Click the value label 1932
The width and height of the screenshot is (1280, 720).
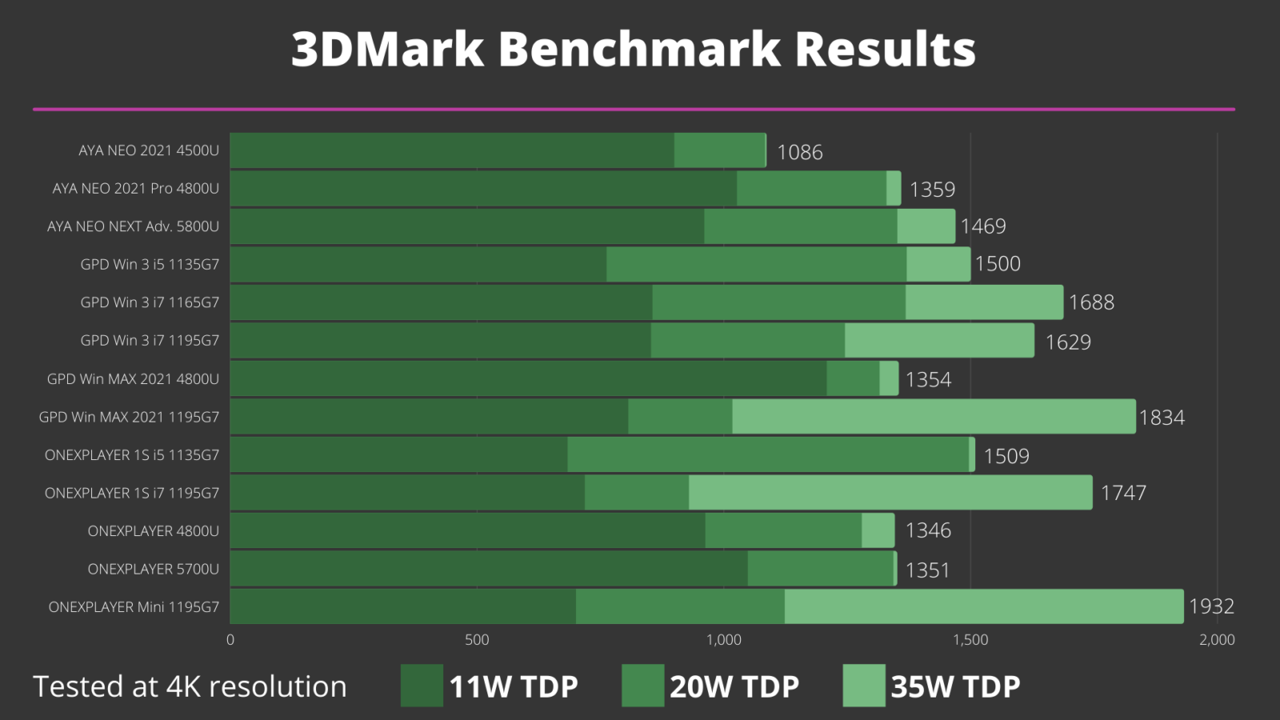pos(1211,606)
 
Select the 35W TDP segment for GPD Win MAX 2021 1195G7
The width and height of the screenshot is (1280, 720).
pos(933,417)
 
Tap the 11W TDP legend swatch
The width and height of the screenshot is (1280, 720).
pos(422,686)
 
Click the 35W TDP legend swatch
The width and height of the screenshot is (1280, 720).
pos(864,686)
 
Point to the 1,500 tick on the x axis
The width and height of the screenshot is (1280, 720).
pos(970,639)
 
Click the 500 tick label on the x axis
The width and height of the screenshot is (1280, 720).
pos(477,639)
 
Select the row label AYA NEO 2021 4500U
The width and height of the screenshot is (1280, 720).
pos(149,150)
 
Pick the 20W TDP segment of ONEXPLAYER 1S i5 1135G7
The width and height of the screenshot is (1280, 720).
pos(767,454)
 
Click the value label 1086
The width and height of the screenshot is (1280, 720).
pos(799,152)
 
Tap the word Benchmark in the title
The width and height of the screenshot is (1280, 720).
pos(639,49)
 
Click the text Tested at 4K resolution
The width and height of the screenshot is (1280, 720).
pos(190,686)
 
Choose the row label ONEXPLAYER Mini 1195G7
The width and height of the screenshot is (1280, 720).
pos(134,606)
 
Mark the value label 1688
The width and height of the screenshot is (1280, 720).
pos(1091,302)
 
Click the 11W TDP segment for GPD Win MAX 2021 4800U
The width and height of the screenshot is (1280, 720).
pos(528,378)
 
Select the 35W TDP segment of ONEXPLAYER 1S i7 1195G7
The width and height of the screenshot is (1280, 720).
pos(890,492)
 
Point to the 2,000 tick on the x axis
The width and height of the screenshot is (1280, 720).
pos(1216,639)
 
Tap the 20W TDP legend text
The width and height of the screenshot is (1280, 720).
pos(734,686)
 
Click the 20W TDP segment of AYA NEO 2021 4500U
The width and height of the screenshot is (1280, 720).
pos(719,150)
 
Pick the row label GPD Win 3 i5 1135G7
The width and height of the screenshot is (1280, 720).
pos(150,264)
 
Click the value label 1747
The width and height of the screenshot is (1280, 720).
pos(1123,493)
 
